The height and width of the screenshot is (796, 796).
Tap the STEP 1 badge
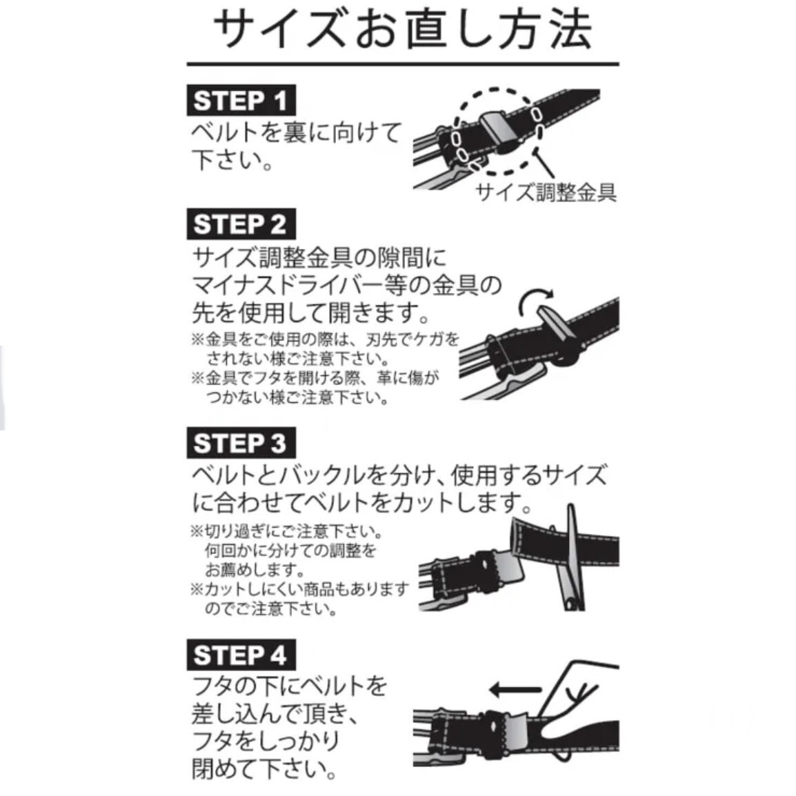(x=240, y=101)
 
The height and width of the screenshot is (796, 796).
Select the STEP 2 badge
(x=240, y=224)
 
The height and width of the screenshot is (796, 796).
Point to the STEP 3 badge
(x=240, y=443)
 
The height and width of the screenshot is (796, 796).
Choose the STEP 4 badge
(x=240, y=655)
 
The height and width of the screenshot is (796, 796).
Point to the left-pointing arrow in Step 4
(x=515, y=688)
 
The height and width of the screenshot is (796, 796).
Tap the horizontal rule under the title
(x=402, y=65)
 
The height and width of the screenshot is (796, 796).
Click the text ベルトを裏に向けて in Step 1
(x=295, y=132)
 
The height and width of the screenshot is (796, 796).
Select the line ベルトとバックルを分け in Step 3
(x=317, y=475)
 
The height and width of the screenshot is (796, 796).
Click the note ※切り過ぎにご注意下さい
(x=286, y=532)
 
